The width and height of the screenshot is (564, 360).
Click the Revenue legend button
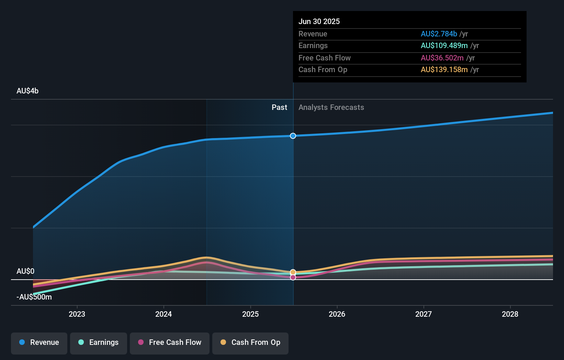pos(39,343)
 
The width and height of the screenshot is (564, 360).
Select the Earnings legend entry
pos(99,343)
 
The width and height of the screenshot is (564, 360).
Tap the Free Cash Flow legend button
pos(170,343)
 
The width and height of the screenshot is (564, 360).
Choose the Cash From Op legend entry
pos(250,343)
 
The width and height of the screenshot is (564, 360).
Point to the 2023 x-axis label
pos(77,314)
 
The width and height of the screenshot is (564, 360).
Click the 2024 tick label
pos(163,314)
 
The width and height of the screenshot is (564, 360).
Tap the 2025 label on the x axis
pos(250,314)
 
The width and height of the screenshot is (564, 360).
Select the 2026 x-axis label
pos(337,314)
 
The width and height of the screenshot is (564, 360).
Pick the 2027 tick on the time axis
pos(424,314)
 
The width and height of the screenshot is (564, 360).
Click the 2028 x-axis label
pos(510,314)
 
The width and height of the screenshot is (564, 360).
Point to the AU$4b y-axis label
pos(27,91)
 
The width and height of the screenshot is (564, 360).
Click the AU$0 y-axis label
pos(25,271)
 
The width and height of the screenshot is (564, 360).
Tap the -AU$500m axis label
pos(34,297)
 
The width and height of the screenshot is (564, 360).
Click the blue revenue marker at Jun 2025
pos(293,136)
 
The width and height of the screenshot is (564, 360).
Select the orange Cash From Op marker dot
pos(293,272)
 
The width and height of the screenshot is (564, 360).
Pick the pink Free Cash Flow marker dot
pos(293,277)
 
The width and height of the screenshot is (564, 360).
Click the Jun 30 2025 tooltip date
pos(319,22)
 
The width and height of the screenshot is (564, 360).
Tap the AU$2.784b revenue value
pos(439,34)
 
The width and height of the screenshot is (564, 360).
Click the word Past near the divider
pos(279,108)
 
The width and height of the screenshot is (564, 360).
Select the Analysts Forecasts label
pos(331,108)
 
